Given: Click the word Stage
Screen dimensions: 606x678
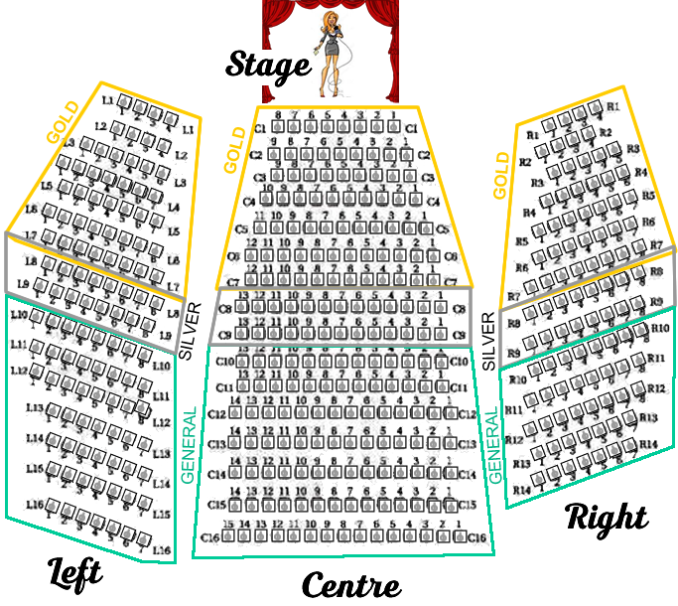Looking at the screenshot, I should pyautogui.click(x=268, y=66).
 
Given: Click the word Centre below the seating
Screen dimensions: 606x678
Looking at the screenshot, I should pyautogui.click(x=350, y=585).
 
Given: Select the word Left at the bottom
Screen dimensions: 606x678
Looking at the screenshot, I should pyautogui.click(x=75, y=571).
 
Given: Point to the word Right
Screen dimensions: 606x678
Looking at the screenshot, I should pyautogui.click(x=607, y=517).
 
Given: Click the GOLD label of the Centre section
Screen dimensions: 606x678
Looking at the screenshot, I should pyautogui.click(x=234, y=150).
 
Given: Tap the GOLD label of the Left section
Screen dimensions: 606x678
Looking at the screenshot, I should pyautogui.click(x=62, y=120).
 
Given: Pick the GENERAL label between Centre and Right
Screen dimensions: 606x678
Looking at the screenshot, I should pyautogui.click(x=493, y=446).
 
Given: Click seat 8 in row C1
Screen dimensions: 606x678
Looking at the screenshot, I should pyautogui.click(x=278, y=128).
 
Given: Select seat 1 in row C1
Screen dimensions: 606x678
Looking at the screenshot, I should pyautogui.click(x=394, y=128).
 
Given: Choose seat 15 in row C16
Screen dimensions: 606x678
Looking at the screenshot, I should pyautogui.click(x=228, y=537).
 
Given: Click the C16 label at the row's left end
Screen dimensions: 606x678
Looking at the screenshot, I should pyautogui.click(x=209, y=537).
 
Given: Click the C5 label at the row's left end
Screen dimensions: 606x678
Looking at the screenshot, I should pyautogui.click(x=241, y=228).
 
